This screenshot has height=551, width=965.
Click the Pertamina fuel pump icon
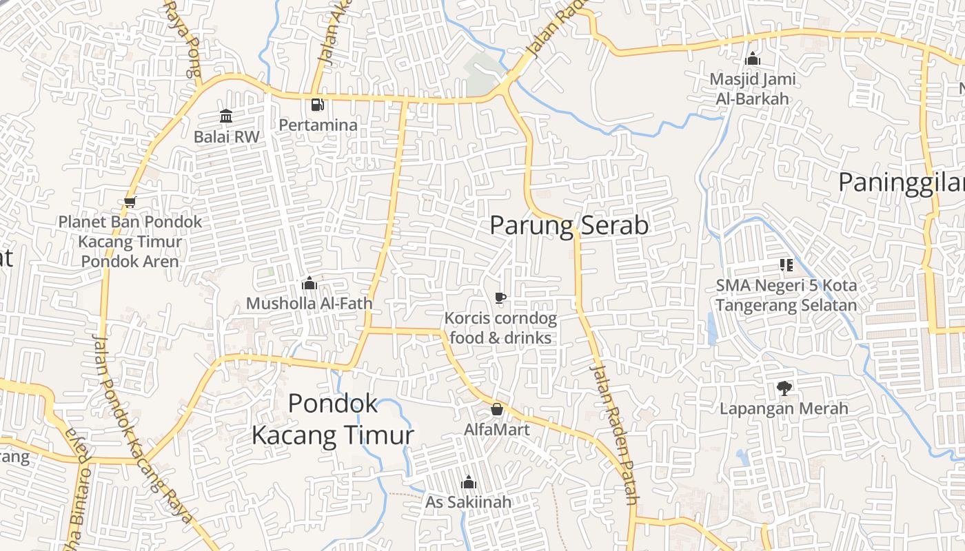[317, 105]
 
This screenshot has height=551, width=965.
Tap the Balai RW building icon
[226, 116]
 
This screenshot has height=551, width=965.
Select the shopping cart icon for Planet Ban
[130, 202]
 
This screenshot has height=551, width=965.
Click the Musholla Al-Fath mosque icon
[309, 283]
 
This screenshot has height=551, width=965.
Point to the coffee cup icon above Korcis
[500, 298]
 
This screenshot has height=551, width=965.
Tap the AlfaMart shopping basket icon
[496, 410]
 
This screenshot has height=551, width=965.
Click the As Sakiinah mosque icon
[469, 482]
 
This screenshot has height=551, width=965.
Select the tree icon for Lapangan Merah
[784, 388]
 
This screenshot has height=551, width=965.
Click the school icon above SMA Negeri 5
[786, 265]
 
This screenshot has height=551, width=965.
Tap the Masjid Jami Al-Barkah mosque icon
[753, 59]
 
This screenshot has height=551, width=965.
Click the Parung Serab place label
[569, 225]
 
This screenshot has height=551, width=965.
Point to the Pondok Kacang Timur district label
[333, 419]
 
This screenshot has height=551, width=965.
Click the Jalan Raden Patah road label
[614, 434]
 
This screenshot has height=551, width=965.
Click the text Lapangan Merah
[784, 408]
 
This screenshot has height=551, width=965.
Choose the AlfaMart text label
[496, 430]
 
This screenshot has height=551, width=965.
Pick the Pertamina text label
[318, 125]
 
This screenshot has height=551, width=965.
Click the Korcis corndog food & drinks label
[500, 328]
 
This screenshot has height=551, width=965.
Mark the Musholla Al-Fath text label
[309, 303]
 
